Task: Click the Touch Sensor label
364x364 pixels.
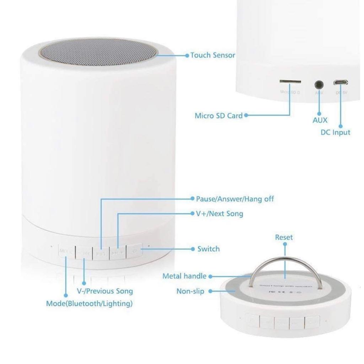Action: [x=213, y=55]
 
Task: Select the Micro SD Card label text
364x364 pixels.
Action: [x=218, y=116]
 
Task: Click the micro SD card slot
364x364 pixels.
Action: [x=290, y=82]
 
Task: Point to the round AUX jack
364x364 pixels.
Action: [x=319, y=85]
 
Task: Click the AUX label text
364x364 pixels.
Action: [x=320, y=120]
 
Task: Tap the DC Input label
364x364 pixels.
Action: [x=333, y=132]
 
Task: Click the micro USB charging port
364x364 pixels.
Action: [x=340, y=83]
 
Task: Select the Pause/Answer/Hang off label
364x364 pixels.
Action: [x=235, y=199]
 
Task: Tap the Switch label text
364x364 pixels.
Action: [x=208, y=249]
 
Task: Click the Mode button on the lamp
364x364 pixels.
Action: [x=66, y=252]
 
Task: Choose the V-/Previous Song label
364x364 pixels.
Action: [x=105, y=291]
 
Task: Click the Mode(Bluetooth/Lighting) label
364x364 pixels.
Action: [x=89, y=304]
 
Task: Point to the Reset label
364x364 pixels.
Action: [x=284, y=237]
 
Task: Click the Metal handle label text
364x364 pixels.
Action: [x=184, y=276]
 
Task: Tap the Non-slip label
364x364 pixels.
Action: [x=190, y=291]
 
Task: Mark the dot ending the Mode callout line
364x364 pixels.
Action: [x=66, y=295]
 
